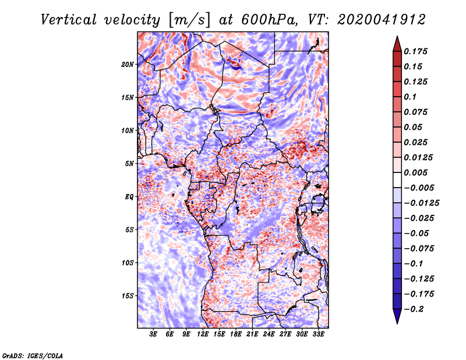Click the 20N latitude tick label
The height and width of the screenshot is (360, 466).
[128, 64]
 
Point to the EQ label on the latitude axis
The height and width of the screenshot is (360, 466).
[129, 197]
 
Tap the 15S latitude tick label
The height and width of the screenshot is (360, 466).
[128, 296]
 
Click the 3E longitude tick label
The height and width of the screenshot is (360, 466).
[153, 335]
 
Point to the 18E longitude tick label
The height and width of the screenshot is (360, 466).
[235, 335]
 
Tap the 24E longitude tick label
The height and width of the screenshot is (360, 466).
[268, 335]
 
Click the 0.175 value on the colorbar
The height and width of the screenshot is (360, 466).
[418, 52]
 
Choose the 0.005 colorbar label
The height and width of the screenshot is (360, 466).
[418, 173]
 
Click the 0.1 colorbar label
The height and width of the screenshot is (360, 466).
[414, 97]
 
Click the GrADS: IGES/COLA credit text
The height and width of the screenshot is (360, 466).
[32, 355]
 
